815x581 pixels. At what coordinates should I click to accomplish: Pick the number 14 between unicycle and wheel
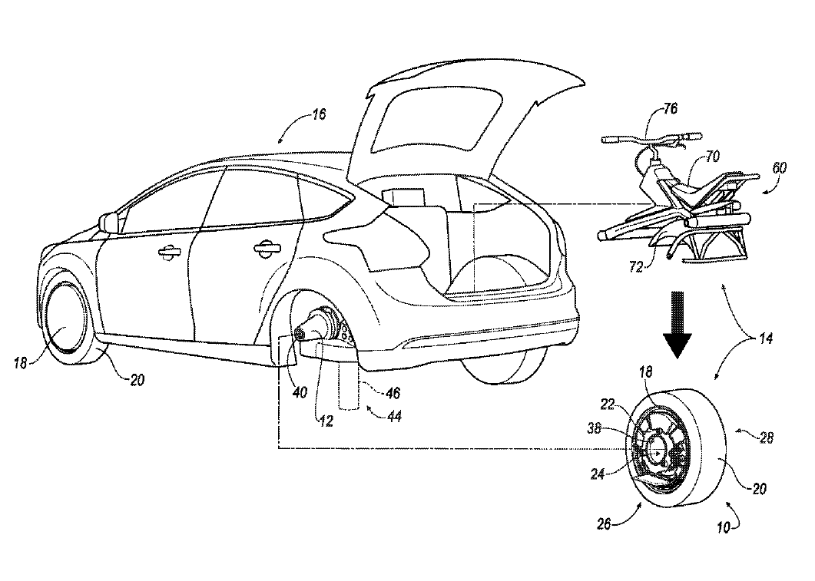coord(766,337)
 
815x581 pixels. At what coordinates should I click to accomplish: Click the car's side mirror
coord(111,223)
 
